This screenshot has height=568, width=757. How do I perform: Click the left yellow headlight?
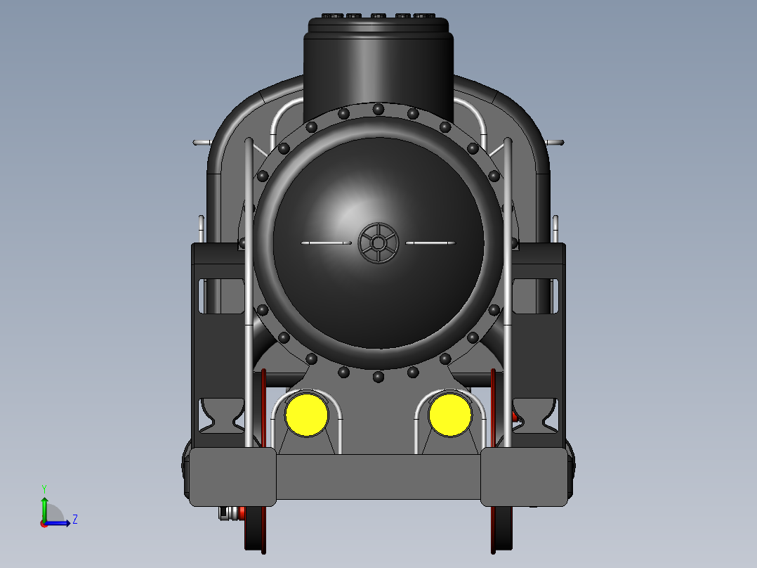coord(306,415)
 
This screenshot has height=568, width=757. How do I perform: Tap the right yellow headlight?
coord(450,415)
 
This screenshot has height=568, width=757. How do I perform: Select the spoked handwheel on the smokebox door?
coord(378,243)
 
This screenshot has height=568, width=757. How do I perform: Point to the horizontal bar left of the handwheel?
coord(326,243)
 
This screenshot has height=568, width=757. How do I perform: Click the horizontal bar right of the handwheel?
coord(430,243)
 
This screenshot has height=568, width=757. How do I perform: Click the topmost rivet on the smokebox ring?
coord(378,109)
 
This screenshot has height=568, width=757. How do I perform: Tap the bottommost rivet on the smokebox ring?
coord(378,377)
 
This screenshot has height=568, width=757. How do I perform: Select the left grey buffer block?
coord(232,476)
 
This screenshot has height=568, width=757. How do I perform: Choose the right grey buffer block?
coord(524,476)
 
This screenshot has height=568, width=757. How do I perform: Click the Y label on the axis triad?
coord(44,488)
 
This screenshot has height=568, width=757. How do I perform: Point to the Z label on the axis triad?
coord(74,519)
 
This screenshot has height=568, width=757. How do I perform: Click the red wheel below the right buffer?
coord(501,530)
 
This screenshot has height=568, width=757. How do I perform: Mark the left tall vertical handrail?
coord(249,281)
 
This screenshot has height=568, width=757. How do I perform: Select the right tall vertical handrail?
coord(508,281)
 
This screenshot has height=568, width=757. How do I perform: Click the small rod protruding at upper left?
coord(202,142)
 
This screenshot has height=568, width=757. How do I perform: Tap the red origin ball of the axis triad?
coord(44,523)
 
